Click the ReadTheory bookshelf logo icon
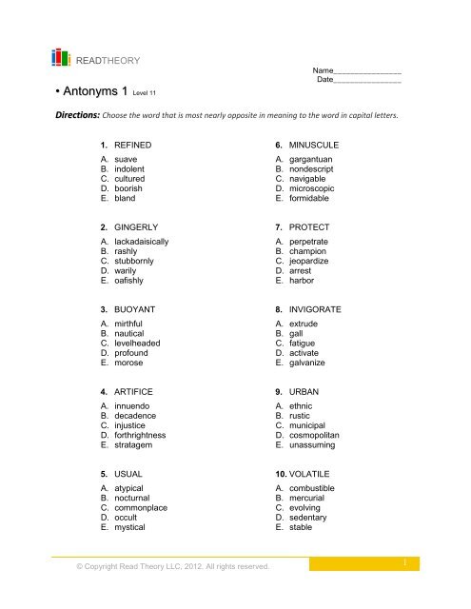pyautogui.click(x=60, y=57)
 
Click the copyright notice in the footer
pyautogui.click(x=163, y=569)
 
